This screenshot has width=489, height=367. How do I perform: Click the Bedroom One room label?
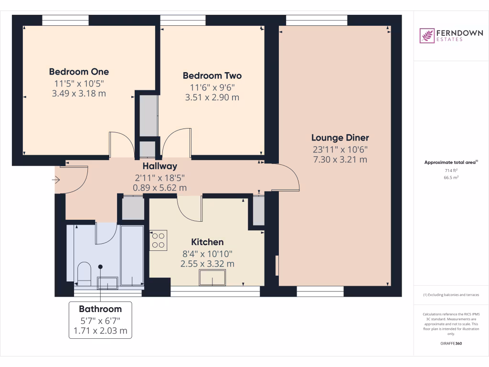pyautogui.click(x=79, y=72)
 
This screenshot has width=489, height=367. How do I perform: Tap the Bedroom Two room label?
pyautogui.click(x=212, y=76)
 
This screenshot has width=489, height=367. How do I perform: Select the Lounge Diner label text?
pyautogui.click(x=340, y=138)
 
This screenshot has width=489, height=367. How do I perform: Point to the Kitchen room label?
pyautogui.click(x=207, y=242)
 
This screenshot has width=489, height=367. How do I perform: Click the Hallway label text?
pyautogui.click(x=160, y=166)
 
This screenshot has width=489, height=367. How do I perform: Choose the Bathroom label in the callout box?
pyautogui.click(x=100, y=309)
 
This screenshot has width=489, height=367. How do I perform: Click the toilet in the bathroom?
pyautogui.click(x=84, y=273)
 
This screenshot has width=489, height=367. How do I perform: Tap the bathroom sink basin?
pyautogui.click(x=107, y=282)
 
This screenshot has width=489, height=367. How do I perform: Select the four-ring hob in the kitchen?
pyautogui.click(x=159, y=240)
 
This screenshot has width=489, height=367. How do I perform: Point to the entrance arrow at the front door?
pyautogui.click(x=56, y=180)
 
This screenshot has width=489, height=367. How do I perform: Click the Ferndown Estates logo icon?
pyautogui.click(x=426, y=36)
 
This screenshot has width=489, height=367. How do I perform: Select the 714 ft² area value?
pyautogui.click(x=451, y=170)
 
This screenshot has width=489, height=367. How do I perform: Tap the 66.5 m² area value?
pyautogui.click(x=451, y=177)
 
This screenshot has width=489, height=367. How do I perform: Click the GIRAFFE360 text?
pyautogui.click(x=451, y=343)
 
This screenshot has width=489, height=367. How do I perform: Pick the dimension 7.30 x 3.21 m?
pyautogui.click(x=340, y=160)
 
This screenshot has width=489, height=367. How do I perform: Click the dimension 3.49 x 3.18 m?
pyautogui.click(x=79, y=93)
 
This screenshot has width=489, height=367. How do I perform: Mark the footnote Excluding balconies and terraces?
pyautogui.click(x=451, y=295)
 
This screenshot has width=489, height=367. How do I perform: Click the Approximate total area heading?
pyautogui.click(x=450, y=162)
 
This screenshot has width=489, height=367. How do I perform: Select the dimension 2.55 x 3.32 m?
pyautogui.click(x=207, y=263)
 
